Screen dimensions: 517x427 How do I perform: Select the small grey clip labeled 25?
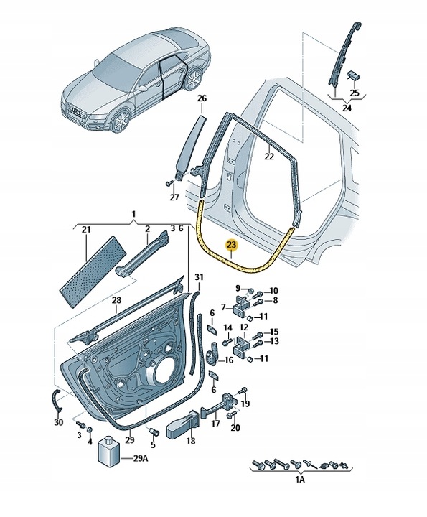click(x=354, y=76)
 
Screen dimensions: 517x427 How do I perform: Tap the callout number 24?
click(x=347, y=108)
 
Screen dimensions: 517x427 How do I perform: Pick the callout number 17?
click(x=215, y=424)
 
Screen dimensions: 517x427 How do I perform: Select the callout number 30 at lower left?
click(x=59, y=422)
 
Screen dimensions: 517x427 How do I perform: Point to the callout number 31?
click(x=200, y=277)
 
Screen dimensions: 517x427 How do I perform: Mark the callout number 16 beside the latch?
click(x=229, y=360)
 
